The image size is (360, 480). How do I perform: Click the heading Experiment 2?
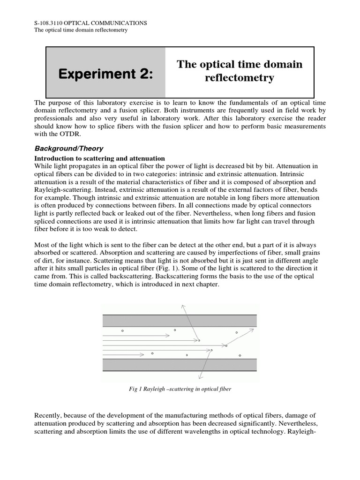pos(106,73)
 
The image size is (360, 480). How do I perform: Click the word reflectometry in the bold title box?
pos(239,78)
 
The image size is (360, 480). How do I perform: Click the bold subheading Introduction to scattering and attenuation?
pos(100,158)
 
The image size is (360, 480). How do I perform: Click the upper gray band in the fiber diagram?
pos(180,321)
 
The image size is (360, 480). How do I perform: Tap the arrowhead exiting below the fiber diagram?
pos(200,377)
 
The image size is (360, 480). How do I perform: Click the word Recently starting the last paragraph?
pos(50,414)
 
